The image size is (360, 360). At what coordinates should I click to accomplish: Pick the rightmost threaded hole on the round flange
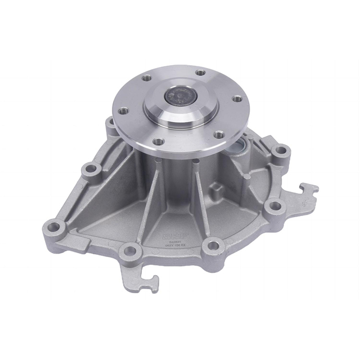pos(238,98)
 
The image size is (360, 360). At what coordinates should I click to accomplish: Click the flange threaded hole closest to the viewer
pos(159,141)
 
